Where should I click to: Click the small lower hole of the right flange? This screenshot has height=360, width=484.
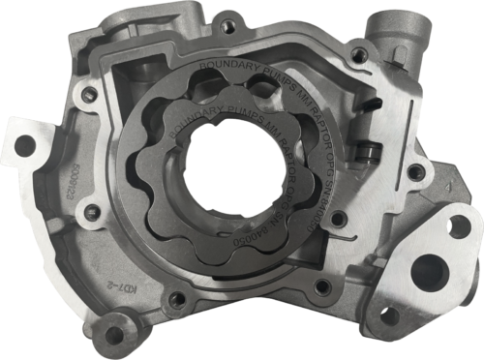coord(389,315)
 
